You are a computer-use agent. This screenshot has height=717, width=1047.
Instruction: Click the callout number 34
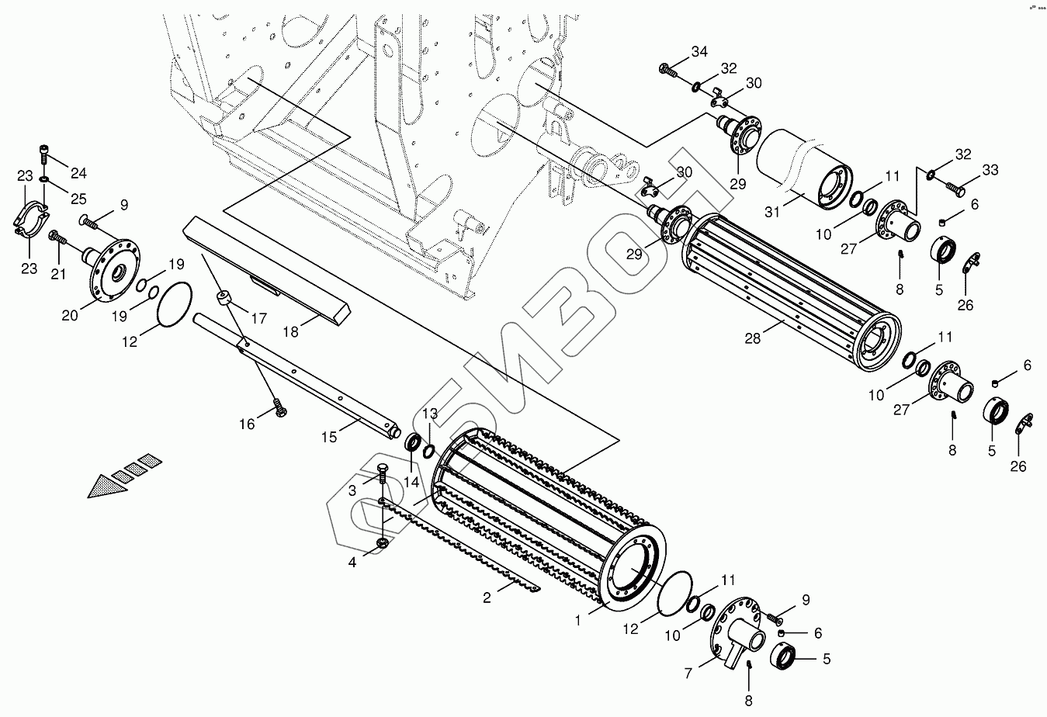699,52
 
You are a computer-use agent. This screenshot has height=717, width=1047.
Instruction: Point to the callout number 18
290,331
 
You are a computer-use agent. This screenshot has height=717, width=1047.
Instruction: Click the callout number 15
329,437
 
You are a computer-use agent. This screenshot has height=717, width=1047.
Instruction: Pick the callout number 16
247,424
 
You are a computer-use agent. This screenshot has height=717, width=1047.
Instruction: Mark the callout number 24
79,172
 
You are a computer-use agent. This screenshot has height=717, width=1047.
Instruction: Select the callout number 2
487,597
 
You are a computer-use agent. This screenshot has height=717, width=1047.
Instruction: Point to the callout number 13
430,414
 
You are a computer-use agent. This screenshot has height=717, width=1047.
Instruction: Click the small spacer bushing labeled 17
224,300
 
